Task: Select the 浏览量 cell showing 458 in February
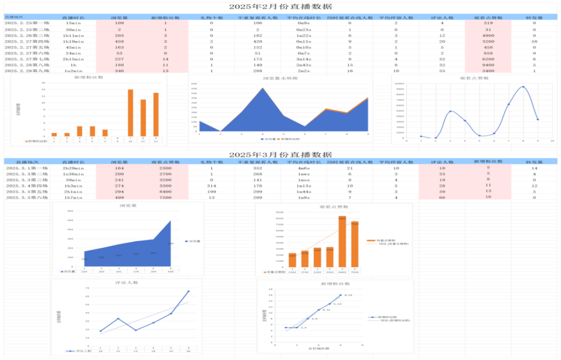pos(119,41)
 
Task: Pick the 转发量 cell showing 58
pos(534,41)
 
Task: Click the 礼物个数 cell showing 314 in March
pos(211,185)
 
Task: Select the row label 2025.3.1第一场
pos(28,168)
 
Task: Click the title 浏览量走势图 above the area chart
pos(280,78)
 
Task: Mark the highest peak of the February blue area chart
pos(263,88)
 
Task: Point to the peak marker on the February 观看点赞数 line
pos(523,87)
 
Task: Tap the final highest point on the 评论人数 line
pos(189,291)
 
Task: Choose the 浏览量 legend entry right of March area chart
pos(194,241)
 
